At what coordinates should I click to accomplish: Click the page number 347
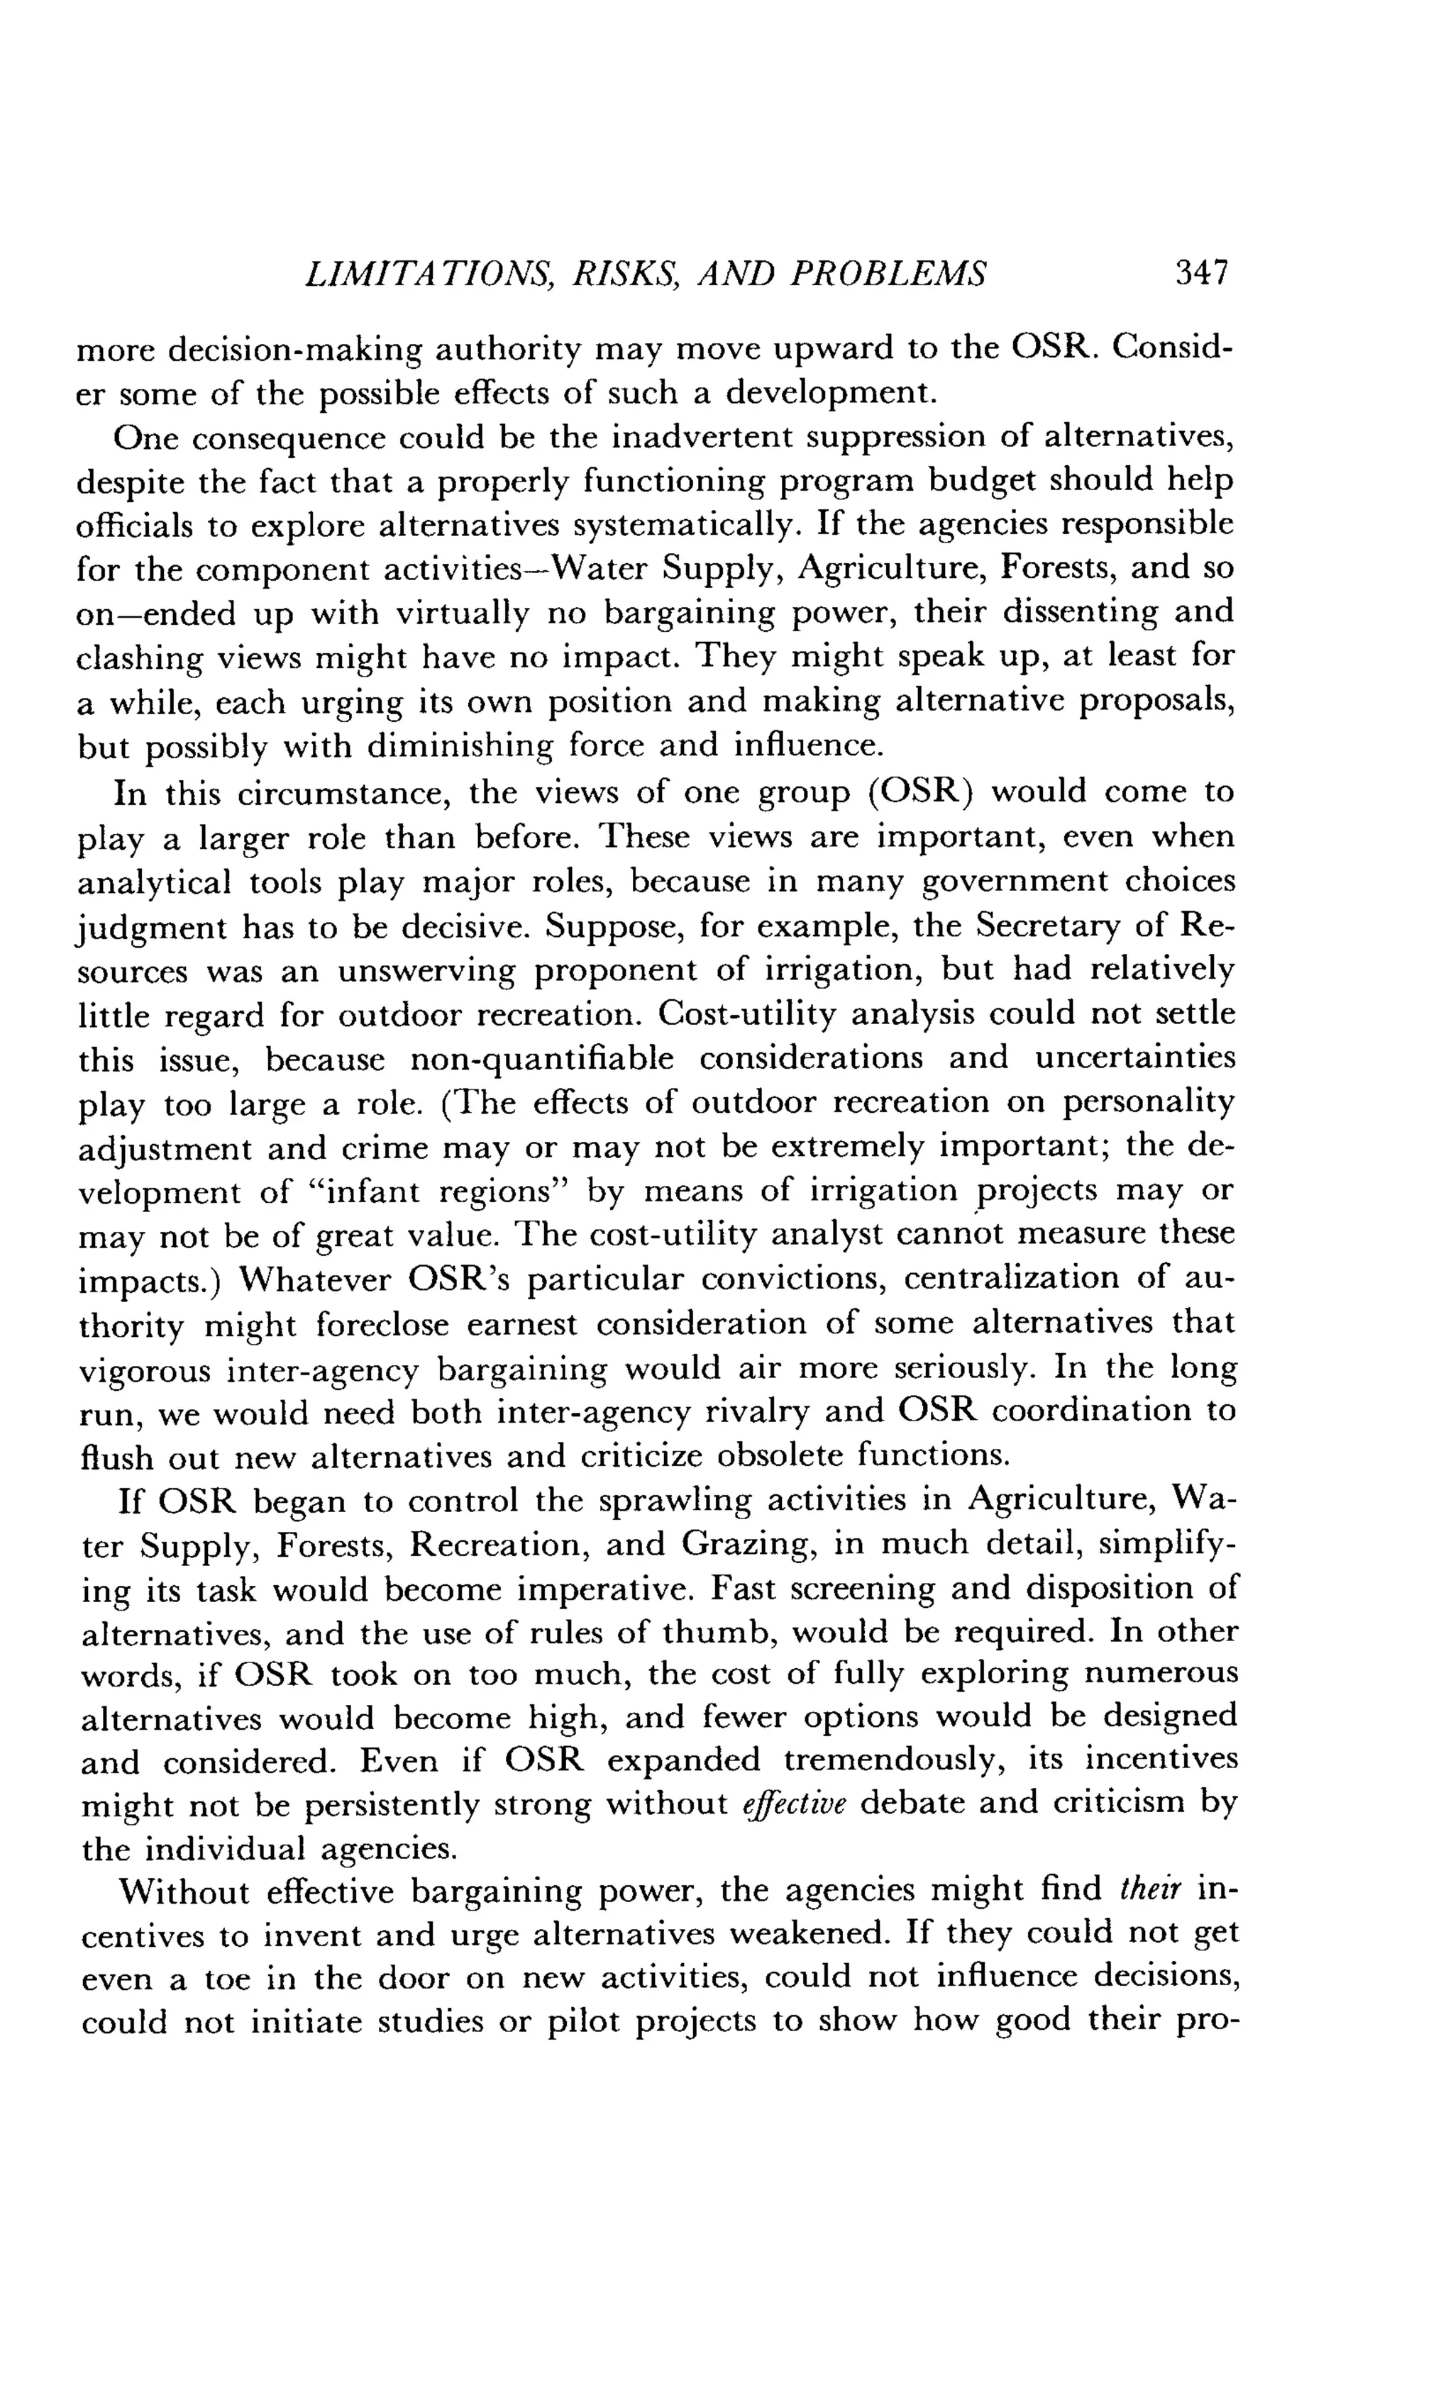[x=1200, y=273]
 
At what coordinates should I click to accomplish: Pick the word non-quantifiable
[x=542, y=1058]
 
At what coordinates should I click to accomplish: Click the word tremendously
[x=890, y=1759]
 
